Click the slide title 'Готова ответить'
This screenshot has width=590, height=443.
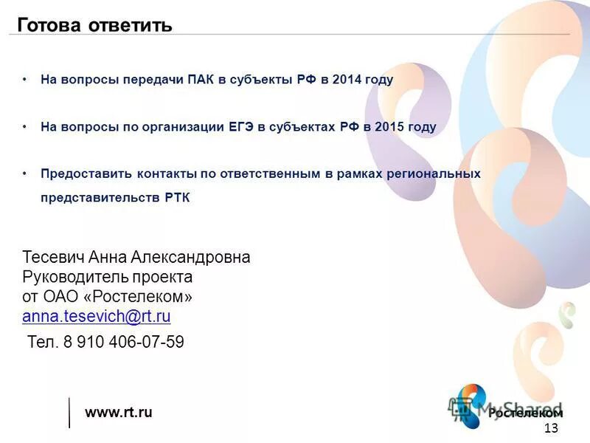94,26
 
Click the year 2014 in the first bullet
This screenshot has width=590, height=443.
347,80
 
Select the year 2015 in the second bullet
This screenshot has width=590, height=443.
389,127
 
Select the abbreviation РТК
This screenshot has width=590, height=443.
176,198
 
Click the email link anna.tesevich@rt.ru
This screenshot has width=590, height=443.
97,317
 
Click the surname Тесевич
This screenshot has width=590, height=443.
54,257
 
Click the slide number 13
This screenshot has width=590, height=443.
550,430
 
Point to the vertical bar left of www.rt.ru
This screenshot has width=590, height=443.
69,412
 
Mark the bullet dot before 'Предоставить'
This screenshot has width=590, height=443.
24,174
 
